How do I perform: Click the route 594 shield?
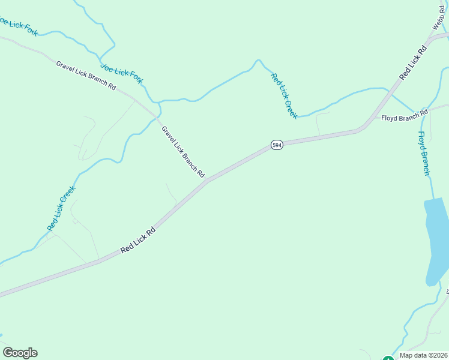click(276, 145)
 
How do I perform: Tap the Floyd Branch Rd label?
click(404, 115)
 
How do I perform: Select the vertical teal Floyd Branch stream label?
click(424, 154)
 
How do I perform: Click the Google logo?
click(20, 352)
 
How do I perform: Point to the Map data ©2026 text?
click(423, 355)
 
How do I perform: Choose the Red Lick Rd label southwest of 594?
click(138, 239)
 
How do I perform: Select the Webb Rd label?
click(441, 16)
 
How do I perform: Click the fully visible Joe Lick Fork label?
click(122, 73)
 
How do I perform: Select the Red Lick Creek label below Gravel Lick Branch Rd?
click(61, 208)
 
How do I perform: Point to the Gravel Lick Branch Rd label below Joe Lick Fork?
click(86, 74)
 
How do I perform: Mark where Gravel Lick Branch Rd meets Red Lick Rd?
click(206, 181)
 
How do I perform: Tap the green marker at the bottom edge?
click(388, 358)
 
